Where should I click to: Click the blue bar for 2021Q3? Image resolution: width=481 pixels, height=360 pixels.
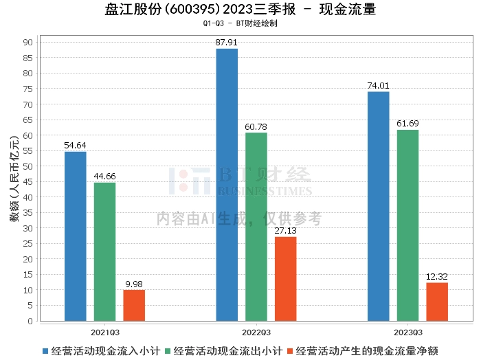click(x=76, y=236)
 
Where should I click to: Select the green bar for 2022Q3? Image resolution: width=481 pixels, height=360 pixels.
click(x=256, y=227)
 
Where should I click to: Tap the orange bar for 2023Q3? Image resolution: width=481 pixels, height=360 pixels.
click(x=437, y=302)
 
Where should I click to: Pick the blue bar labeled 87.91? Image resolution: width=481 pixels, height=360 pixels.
click(x=227, y=185)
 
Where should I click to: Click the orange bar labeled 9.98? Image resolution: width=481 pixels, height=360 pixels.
click(x=134, y=306)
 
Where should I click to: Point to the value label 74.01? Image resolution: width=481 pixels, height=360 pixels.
click(x=378, y=86)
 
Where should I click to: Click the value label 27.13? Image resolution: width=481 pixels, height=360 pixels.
click(x=286, y=231)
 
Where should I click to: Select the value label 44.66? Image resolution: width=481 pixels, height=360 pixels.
click(x=104, y=177)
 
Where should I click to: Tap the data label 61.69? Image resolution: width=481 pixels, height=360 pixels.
click(x=407, y=124)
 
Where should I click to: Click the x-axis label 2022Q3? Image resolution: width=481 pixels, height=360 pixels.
click(x=256, y=333)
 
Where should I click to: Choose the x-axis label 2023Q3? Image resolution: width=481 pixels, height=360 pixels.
click(x=408, y=333)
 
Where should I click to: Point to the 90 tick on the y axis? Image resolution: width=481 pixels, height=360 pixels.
click(x=28, y=43)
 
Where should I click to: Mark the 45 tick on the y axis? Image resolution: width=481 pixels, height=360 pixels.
click(x=28, y=182)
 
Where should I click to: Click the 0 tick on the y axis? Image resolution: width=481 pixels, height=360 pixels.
click(x=30, y=321)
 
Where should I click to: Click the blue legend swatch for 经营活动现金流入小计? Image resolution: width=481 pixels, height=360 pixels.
click(x=45, y=351)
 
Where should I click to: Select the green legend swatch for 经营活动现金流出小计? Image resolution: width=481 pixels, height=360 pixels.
click(x=168, y=351)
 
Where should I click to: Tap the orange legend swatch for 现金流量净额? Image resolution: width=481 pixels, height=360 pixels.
click(x=290, y=351)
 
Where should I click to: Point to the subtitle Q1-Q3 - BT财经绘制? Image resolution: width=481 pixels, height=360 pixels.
click(x=240, y=23)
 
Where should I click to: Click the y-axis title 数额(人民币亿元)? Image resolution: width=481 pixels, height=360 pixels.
click(x=14, y=178)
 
